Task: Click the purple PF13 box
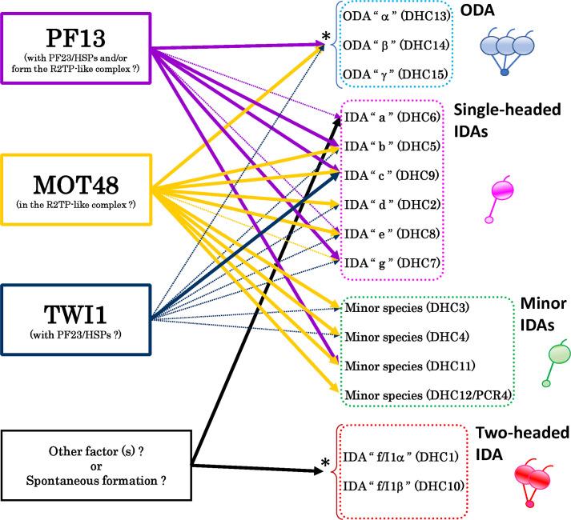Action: coord(76,46)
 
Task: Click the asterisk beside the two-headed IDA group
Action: coord(325,465)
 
